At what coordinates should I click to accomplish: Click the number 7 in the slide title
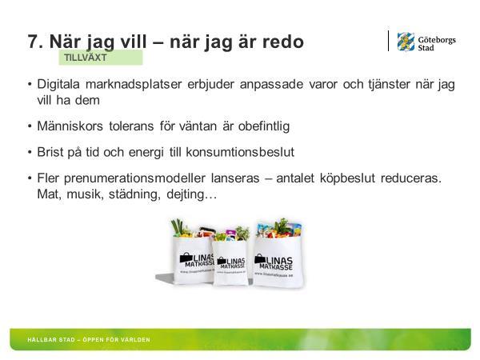coord(33,42)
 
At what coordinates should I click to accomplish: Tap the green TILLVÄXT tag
coord(101,58)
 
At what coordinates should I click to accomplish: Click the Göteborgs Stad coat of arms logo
coord(406,42)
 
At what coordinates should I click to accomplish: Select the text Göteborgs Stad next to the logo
coord(437,44)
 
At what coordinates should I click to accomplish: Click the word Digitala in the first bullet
coord(58,84)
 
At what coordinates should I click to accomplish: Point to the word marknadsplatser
coord(134,85)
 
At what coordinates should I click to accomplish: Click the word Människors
coord(70,126)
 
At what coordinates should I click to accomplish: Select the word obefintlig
coord(264,126)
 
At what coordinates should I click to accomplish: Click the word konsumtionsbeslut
coord(240,152)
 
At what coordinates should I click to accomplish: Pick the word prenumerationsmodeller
coord(134,178)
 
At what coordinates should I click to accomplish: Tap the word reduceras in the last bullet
coord(411,178)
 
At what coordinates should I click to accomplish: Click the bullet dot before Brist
coord(30,152)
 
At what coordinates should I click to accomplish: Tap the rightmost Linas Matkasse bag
coord(278,254)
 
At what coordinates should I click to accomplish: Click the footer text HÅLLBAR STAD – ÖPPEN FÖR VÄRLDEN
coord(89,340)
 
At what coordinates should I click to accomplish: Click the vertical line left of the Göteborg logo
coord(389,41)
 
